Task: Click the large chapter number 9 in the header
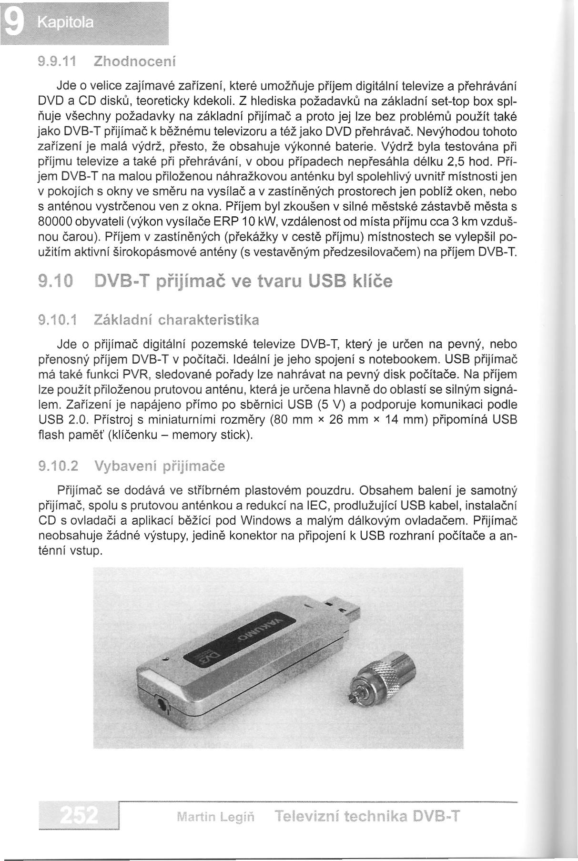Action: [13, 22]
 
